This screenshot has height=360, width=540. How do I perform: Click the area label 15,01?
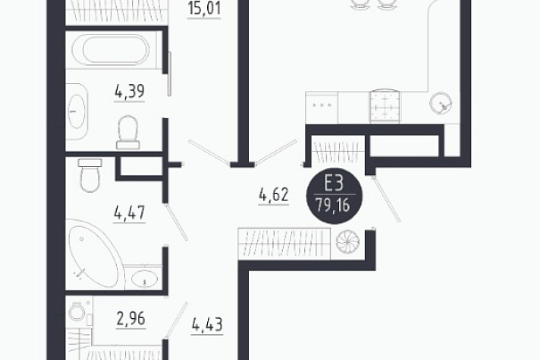[204, 8]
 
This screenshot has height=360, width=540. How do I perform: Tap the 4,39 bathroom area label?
[129, 92]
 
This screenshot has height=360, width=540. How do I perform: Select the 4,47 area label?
[129, 213]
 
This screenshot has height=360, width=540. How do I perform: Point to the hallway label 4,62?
[273, 195]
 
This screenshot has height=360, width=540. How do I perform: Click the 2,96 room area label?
[131, 319]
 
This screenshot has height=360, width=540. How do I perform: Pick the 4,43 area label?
[207, 324]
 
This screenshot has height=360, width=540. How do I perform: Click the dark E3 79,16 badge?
[334, 196]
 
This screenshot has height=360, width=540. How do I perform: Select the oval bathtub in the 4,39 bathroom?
[111, 49]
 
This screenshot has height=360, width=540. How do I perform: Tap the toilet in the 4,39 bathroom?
[128, 132]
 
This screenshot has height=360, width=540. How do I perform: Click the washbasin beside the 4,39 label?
[77, 111]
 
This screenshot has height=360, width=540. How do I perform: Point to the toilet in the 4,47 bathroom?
[90, 175]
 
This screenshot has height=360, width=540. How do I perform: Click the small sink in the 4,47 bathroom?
[144, 278]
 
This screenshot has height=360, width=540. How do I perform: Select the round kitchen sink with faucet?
[440, 103]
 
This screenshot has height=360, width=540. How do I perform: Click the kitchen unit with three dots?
[321, 107]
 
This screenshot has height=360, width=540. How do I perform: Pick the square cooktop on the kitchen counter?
[386, 106]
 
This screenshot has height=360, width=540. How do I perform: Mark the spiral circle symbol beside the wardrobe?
[348, 241]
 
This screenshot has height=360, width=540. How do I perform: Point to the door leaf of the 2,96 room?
[177, 319]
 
